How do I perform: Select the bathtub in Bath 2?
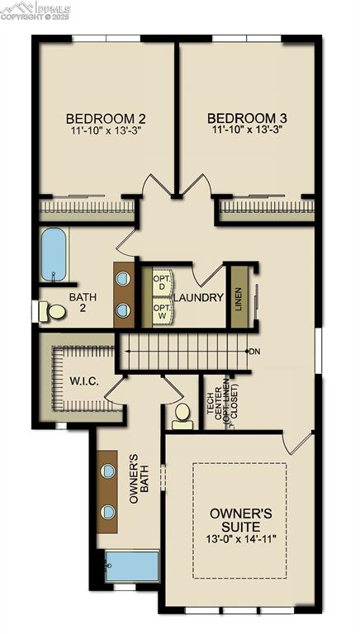[x=54, y=254]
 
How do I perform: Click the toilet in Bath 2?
[x=54, y=312]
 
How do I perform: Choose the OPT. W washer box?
[x=162, y=312]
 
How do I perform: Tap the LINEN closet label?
[x=239, y=296]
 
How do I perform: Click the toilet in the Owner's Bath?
[x=182, y=416]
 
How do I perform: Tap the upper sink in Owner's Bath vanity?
[x=108, y=471]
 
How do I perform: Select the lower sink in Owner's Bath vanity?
[x=108, y=512]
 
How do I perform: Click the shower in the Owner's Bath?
[x=132, y=567]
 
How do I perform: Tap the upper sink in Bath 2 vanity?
[x=123, y=278]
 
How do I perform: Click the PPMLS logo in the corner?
[x=36, y=11]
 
